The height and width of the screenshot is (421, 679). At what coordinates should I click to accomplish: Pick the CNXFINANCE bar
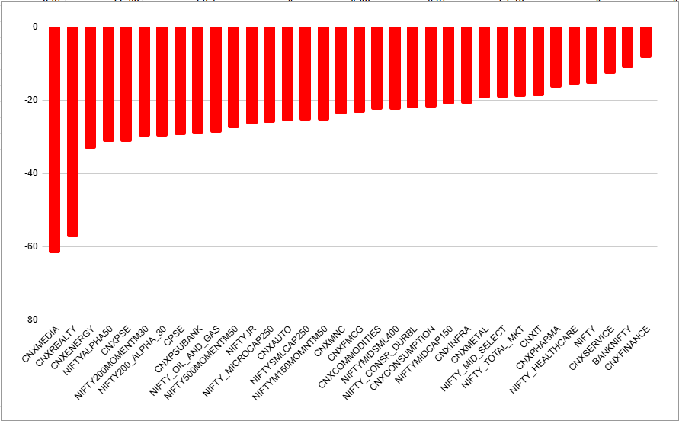pyautogui.click(x=645, y=42)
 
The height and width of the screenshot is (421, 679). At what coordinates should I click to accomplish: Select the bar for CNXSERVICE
pyautogui.click(x=610, y=50)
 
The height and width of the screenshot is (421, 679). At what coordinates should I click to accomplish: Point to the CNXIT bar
pyautogui.click(x=538, y=61)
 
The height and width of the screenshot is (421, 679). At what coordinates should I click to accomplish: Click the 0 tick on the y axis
pyautogui.click(x=34, y=27)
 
